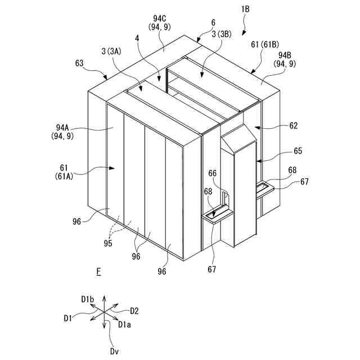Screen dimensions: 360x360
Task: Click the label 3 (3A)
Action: (x=112, y=52)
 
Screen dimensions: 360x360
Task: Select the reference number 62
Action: (x=293, y=126)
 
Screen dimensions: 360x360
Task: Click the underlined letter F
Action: (x=98, y=272)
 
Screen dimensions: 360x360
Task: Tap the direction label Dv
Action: (x=115, y=351)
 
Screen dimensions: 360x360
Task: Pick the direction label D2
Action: (x=134, y=310)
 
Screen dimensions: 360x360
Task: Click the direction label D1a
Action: (x=125, y=325)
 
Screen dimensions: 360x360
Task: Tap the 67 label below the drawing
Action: (x=212, y=269)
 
